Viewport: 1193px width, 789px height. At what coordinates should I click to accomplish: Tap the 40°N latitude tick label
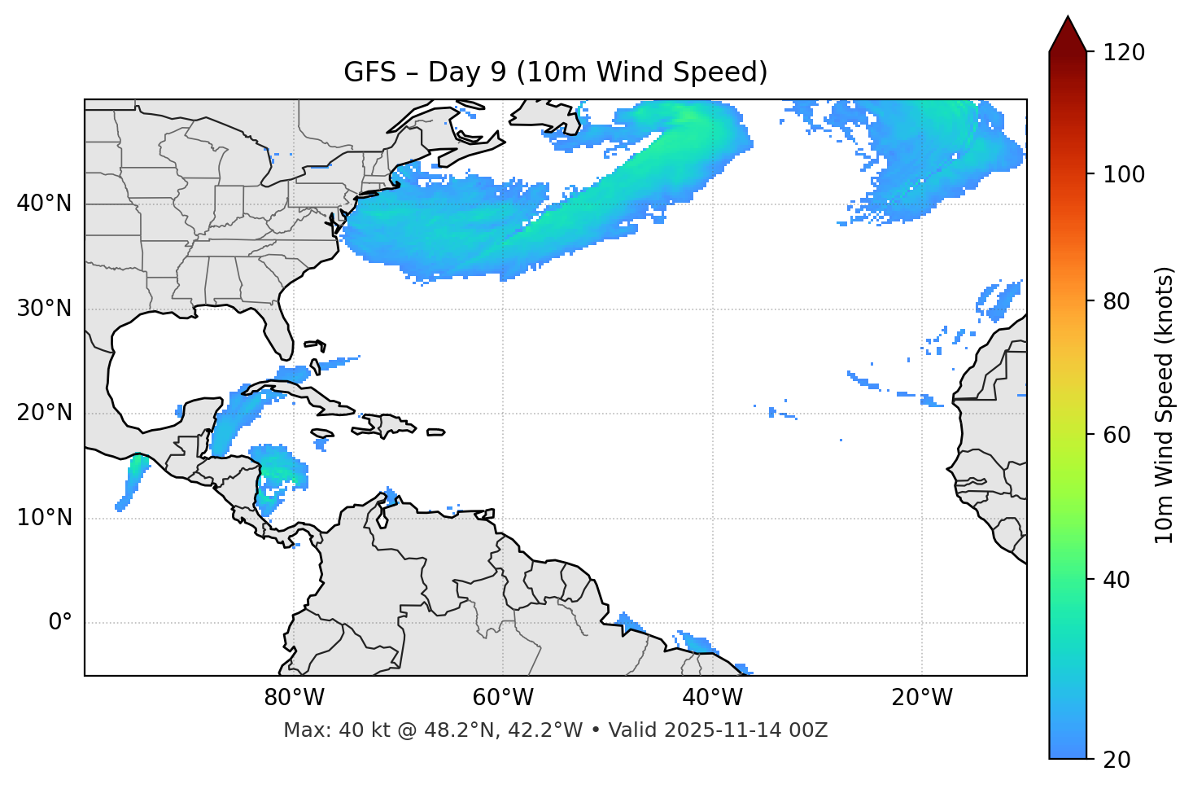pos(44,204)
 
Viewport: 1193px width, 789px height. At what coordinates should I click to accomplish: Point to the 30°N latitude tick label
pos(44,309)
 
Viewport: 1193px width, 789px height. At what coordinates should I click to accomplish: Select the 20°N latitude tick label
pos(44,413)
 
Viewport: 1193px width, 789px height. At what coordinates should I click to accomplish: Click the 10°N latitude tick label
pos(44,518)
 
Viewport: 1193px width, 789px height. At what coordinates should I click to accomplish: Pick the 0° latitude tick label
pos(59,623)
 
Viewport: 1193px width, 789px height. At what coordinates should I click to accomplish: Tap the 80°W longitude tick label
pos(294,698)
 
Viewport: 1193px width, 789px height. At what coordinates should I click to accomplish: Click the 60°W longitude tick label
pos(503,698)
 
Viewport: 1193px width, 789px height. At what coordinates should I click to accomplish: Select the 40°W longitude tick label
pos(713,698)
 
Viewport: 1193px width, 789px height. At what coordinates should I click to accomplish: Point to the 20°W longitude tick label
pos(922,698)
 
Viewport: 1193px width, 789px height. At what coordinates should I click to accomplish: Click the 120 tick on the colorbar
pos(1123,53)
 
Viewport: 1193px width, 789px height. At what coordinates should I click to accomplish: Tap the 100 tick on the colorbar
pos(1123,174)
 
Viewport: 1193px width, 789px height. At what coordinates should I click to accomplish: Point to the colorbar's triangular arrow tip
pos(1068,20)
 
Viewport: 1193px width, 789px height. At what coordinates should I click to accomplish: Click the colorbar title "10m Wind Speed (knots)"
pos(1165,405)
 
